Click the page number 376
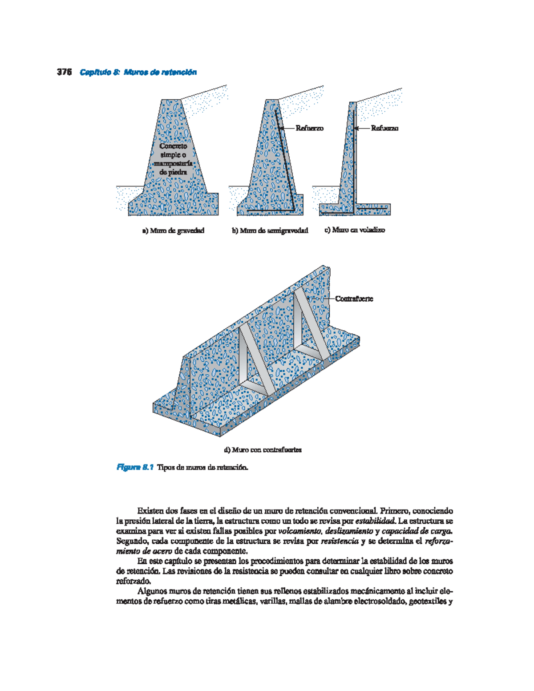pyautogui.click(x=65, y=73)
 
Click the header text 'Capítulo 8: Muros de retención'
pyautogui.click(x=138, y=73)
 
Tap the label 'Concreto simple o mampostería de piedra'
pyautogui.click(x=173, y=159)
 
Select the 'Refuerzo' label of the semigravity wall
pyautogui.click(x=309, y=128)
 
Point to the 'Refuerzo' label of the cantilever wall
pyautogui.click(x=384, y=128)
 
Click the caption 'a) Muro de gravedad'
pyautogui.click(x=173, y=230)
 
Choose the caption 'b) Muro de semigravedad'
pyautogui.click(x=270, y=230)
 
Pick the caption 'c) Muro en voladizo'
pyautogui.click(x=354, y=230)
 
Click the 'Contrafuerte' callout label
pyautogui.click(x=354, y=299)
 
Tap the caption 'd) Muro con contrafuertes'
pyautogui.click(x=263, y=450)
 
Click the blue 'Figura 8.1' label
pyautogui.click(x=135, y=467)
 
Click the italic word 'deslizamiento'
pyautogui.click(x=349, y=531)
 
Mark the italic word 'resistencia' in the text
pyautogui.click(x=340, y=541)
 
